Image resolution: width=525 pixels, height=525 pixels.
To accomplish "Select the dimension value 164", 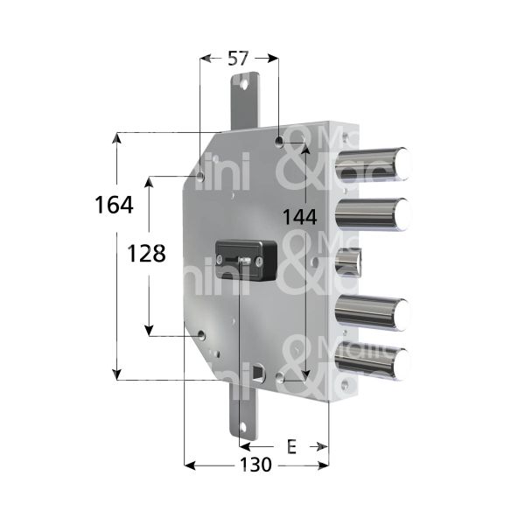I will [x=114, y=206].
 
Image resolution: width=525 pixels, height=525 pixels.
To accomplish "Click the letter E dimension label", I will [x=291, y=447].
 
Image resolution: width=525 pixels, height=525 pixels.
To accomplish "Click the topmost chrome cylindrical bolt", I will [x=376, y=164].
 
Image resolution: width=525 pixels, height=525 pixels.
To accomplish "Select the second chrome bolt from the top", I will [x=376, y=212].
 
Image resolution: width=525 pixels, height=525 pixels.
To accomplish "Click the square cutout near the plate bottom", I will [x=257, y=374].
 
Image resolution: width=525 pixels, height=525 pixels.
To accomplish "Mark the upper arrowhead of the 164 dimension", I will [x=116, y=137].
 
